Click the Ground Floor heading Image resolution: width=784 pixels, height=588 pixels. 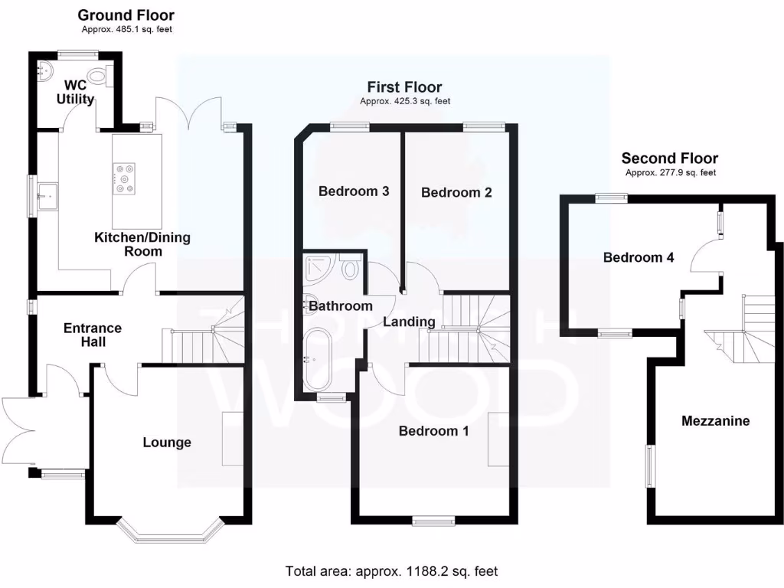click(x=126, y=15)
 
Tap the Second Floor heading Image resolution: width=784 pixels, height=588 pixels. click(x=669, y=158)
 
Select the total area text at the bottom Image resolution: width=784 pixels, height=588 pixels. click(x=391, y=571)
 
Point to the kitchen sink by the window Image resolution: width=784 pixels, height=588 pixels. click(x=48, y=194)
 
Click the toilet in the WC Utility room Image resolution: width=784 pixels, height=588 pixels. click(x=98, y=76)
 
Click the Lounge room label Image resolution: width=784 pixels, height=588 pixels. click(x=167, y=443)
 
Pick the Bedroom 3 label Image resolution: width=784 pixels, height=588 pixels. click(x=354, y=191)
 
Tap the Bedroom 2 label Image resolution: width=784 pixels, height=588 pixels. click(x=456, y=193)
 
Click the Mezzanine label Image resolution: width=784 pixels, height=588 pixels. click(x=715, y=421)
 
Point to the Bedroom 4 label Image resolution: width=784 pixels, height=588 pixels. click(x=639, y=258)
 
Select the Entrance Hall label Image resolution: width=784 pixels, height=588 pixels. click(x=92, y=335)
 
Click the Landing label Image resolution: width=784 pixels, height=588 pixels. click(x=409, y=322)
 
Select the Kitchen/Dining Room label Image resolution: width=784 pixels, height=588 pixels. click(x=142, y=245)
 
